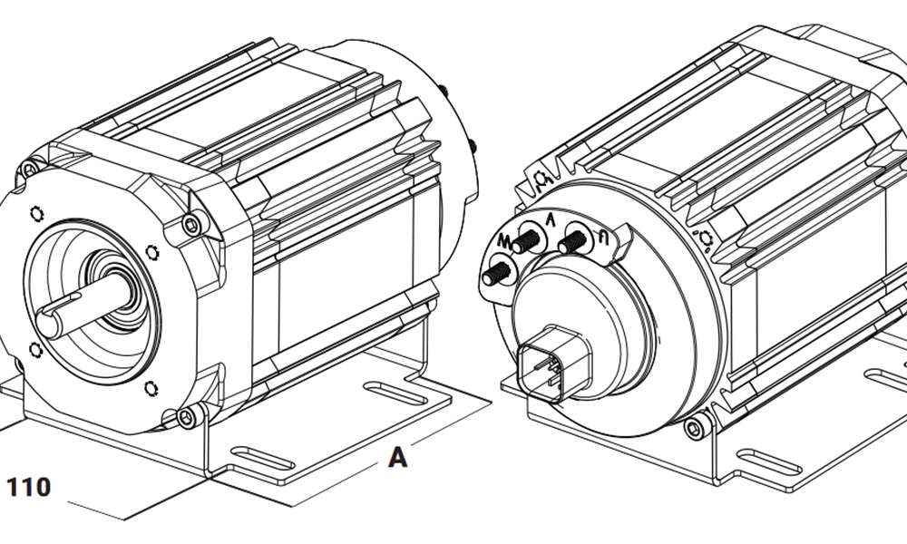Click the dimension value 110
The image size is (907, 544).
[x=29, y=487]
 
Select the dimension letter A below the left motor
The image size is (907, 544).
[x=397, y=458]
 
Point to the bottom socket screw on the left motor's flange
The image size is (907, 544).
[x=186, y=416]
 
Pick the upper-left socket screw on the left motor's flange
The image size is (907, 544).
[x=30, y=170]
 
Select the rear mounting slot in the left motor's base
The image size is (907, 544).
[x=395, y=392]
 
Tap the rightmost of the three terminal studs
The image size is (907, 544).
[x=572, y=242]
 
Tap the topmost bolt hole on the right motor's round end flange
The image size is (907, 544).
[x=541, y=180]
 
